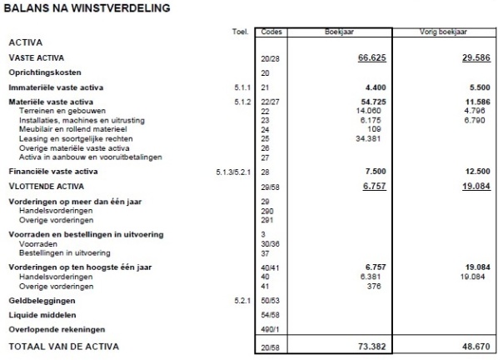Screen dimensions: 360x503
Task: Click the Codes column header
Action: pyautogui.click(x=271, y=32)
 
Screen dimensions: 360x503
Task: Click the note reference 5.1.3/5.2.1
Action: pyautogui.click(x=230, y=171)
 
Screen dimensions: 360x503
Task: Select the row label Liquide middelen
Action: pyautogui.click(x=41, y=316)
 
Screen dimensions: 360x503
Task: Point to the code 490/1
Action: pyautogui.click(x=267, y=330)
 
